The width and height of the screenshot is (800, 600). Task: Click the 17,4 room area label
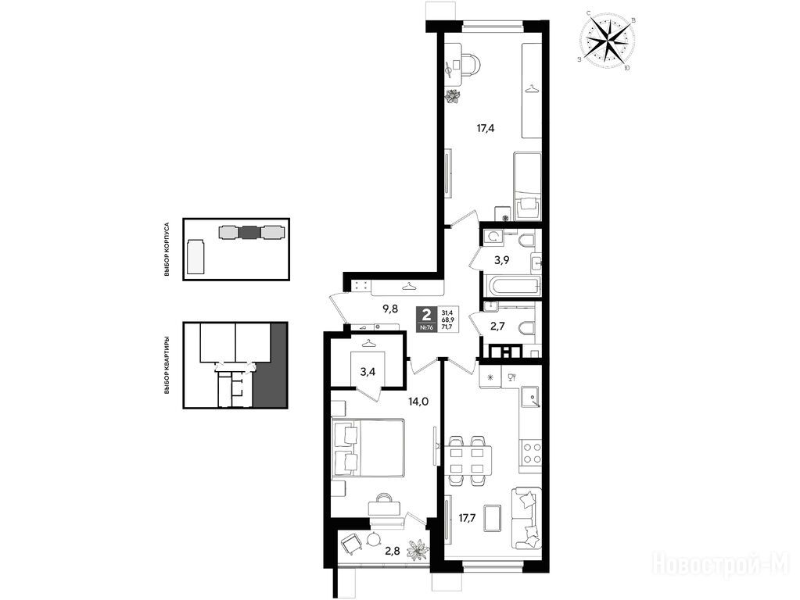pyautogui.click(x=486, y=128)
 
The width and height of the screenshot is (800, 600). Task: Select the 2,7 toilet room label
pyautogui.click(x=497, y=327)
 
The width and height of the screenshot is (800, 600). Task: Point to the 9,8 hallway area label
pyautogui.click(x=389, y=309)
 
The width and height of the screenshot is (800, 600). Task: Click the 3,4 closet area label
pyautogui.click(x=368, y=372)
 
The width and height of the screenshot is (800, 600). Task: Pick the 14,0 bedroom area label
pyautogui.click(x=418, y=402)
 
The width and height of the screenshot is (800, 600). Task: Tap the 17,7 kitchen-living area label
pyautogui.click(x=468, y=519)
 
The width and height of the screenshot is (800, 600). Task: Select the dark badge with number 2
pyautogui.click(x=426, y=320)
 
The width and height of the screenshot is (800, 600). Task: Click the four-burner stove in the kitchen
pyautogui.click(x=531, y=452)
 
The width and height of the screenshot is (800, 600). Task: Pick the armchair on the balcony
pyautogui.click(x=351, y=546)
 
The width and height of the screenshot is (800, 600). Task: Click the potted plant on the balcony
pyautogui.click(x=418, y=550)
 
